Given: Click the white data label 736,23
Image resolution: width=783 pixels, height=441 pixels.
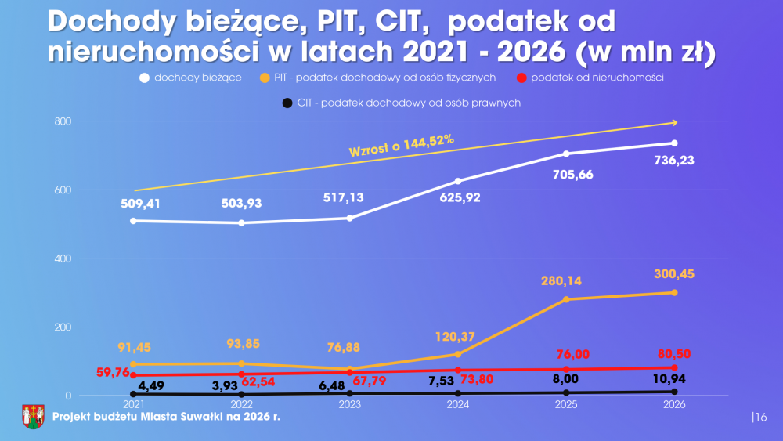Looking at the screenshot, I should pos(674,161).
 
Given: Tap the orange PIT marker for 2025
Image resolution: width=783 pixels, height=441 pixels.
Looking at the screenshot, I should pos(566,299).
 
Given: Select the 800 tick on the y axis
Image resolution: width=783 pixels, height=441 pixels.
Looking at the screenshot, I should pos(63,121).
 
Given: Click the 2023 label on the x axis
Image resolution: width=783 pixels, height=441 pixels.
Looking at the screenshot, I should pos(349,405).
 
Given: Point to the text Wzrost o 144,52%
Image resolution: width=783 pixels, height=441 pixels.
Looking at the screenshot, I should pos(402,146).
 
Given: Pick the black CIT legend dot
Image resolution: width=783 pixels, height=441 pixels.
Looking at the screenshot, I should pos(288,103).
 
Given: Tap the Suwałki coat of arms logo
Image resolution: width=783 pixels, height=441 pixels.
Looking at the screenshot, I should pos(32,416).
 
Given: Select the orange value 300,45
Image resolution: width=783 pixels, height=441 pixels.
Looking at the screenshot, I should pos(674,274).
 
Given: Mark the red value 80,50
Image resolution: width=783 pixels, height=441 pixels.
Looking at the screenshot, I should pos(674,354).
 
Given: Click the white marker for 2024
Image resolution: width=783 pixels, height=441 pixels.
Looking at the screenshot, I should pos(458,181).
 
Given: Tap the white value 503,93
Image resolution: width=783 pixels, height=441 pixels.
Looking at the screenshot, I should pos(241,204).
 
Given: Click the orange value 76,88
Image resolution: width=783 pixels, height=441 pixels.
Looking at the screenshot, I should pos(349,347).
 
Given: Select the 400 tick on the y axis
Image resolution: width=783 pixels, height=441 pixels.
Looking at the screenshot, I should pos(63,258).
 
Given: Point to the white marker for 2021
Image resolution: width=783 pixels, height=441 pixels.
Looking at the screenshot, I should pos(133,221).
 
